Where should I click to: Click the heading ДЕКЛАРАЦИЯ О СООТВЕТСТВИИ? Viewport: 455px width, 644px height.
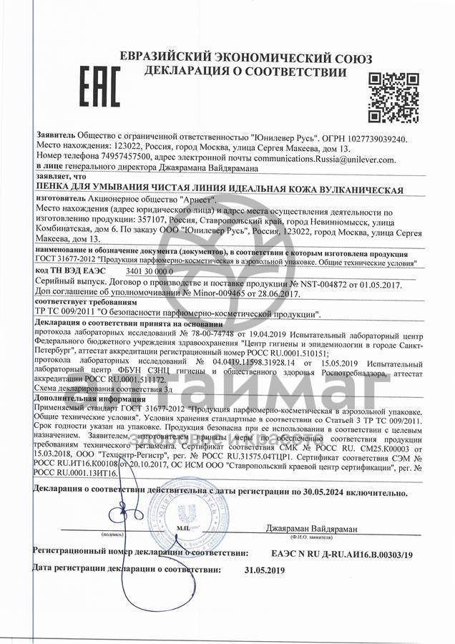tap(245, 72)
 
